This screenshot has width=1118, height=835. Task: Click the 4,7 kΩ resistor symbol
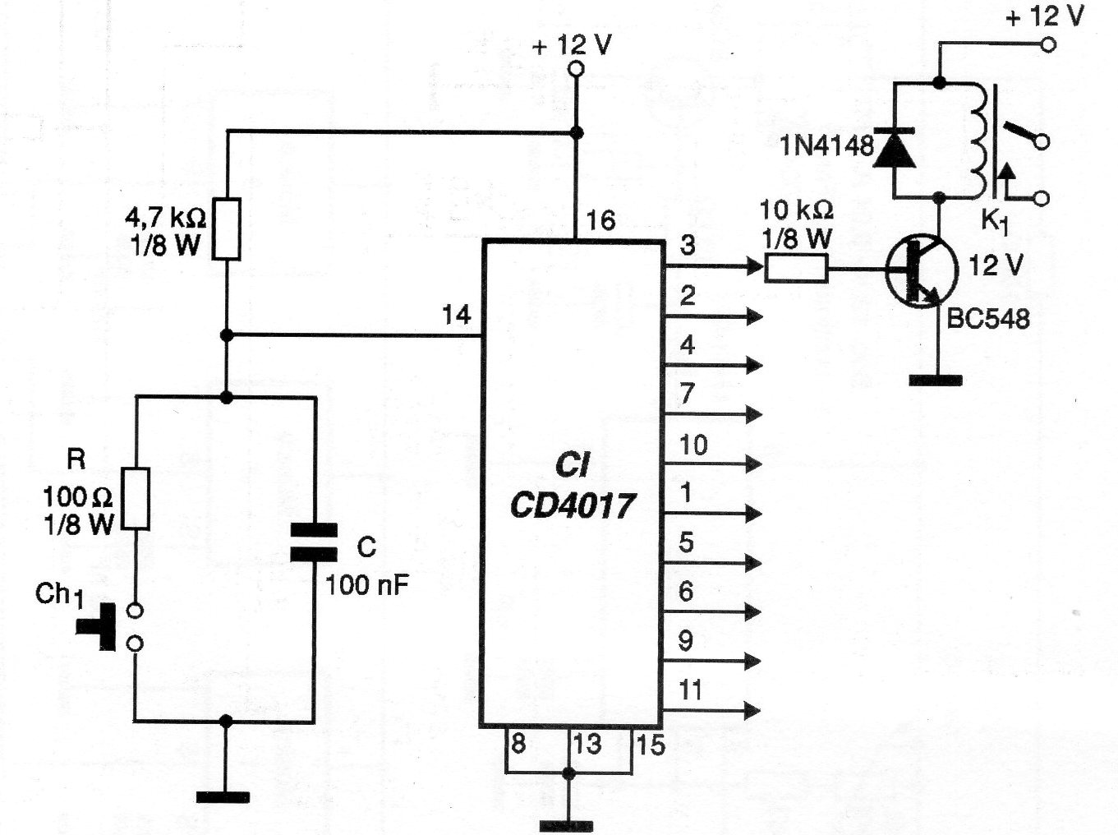[227, 229]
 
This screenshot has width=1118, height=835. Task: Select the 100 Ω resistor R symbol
[136, 498]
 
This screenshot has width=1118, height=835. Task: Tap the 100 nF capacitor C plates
[314, 542]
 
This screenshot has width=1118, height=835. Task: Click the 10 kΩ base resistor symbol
[796, 269]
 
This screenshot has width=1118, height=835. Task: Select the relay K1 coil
[978, 140]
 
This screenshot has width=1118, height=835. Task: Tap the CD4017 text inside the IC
[573, 505]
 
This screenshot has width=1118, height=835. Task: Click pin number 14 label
[456, 315]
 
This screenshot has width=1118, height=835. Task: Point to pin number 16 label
[600, 220]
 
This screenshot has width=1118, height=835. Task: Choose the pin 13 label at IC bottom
[587, 745]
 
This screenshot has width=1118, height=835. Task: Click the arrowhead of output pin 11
[752, 710]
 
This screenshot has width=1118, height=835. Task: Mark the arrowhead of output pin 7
[752, 414]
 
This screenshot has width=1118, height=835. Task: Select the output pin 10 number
[692, 445]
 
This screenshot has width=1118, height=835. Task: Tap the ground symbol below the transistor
[936, 380]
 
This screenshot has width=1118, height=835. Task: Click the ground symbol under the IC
[567, 825]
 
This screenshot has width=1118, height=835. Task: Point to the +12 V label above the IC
[572, 45]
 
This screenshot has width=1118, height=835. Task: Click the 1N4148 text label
[826, 146]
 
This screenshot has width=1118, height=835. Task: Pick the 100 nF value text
[367, 585]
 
